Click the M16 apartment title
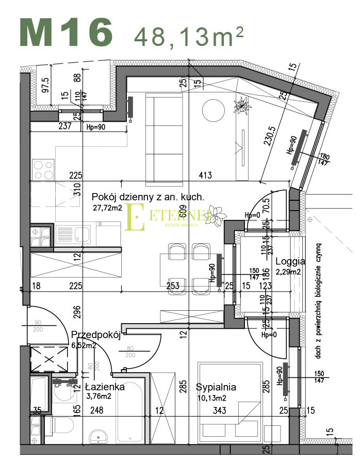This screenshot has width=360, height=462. (x=66, y=32)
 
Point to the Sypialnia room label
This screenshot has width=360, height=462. (x=216, y=387)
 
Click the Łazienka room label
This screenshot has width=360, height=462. (x=105, y=387)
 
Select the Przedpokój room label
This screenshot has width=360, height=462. (x=96, y=334)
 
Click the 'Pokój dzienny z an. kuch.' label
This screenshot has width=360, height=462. (x=148, y=197)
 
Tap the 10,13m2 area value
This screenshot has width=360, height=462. (x=212, y=397)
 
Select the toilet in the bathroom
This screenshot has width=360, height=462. (x=61, y=426)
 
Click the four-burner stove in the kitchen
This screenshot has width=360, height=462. (x=43, y=168)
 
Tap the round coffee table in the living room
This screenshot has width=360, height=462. (x=213, y=110)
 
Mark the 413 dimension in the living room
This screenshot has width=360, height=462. (x=205, y=176)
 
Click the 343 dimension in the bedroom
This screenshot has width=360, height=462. (x=219, y=411)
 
